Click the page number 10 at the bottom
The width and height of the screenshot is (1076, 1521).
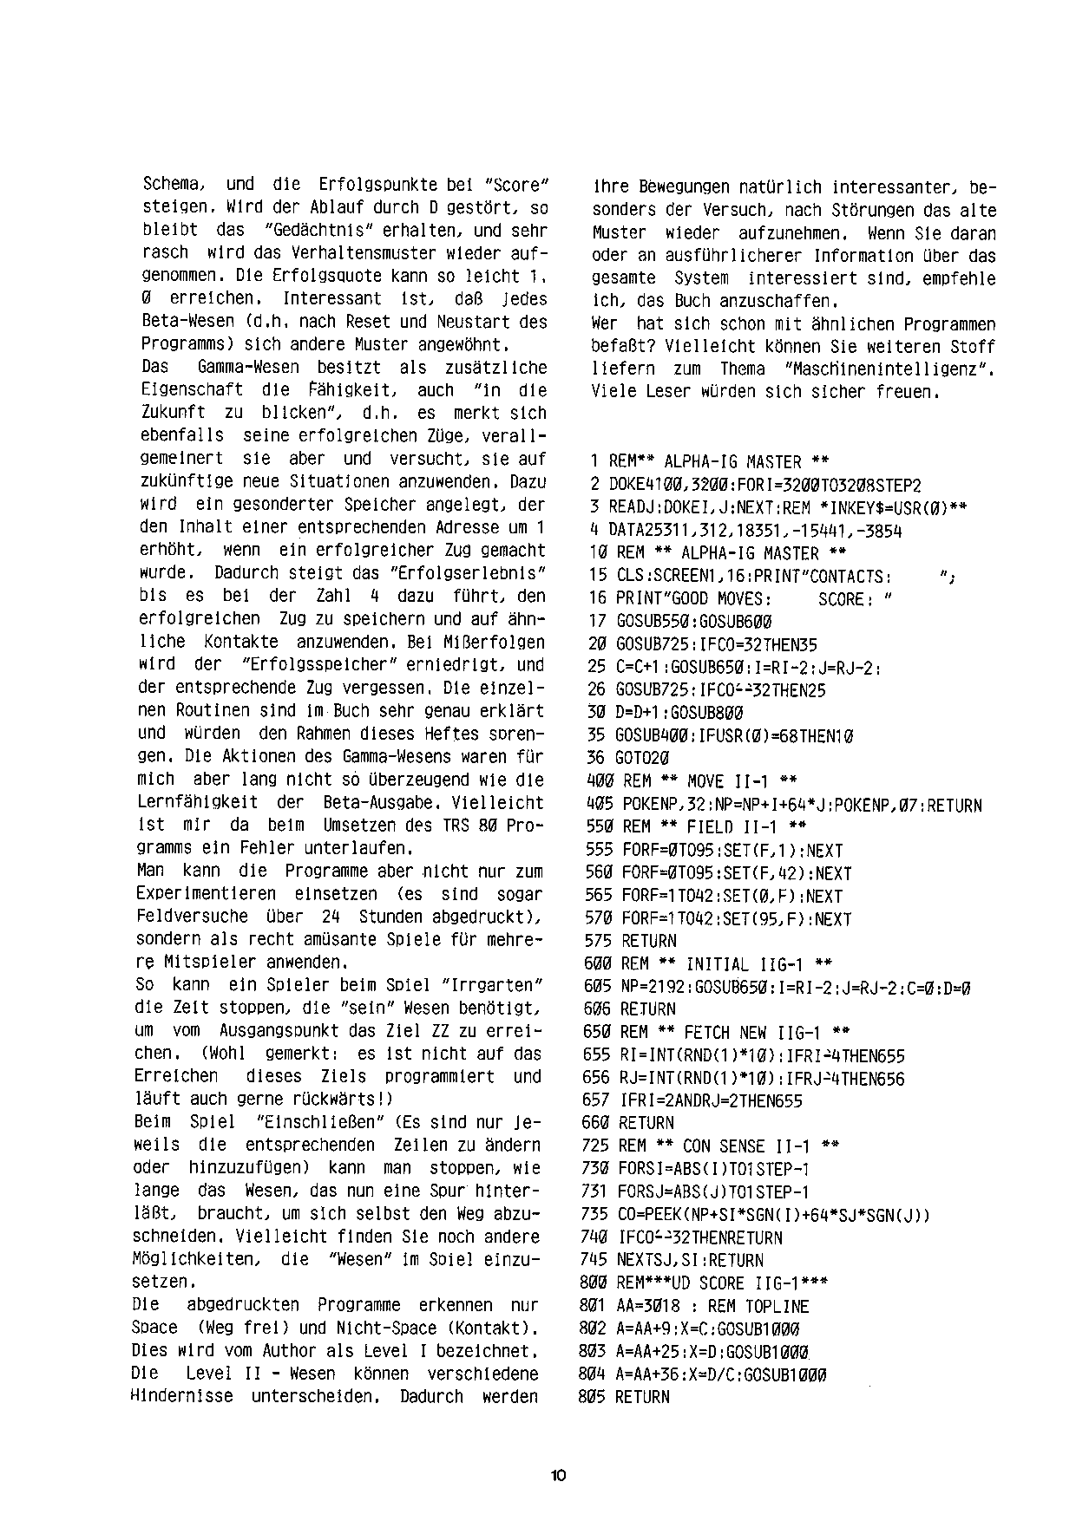point(557,1475)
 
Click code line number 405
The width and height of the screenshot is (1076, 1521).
point(600,806)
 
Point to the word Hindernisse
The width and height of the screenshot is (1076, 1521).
point(181,1396)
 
